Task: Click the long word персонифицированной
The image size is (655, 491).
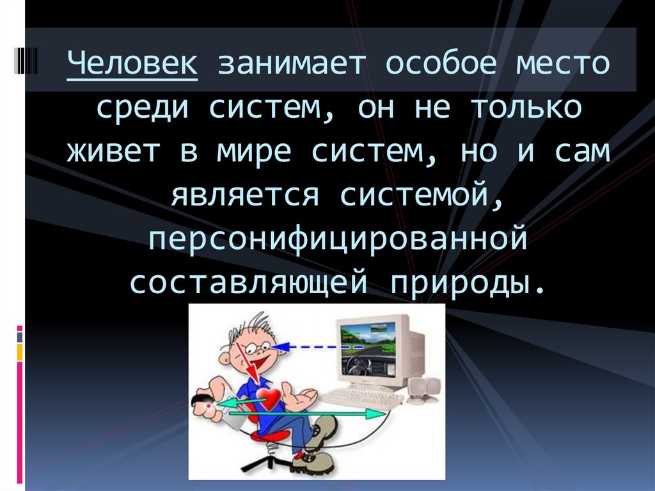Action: [338, 238]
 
